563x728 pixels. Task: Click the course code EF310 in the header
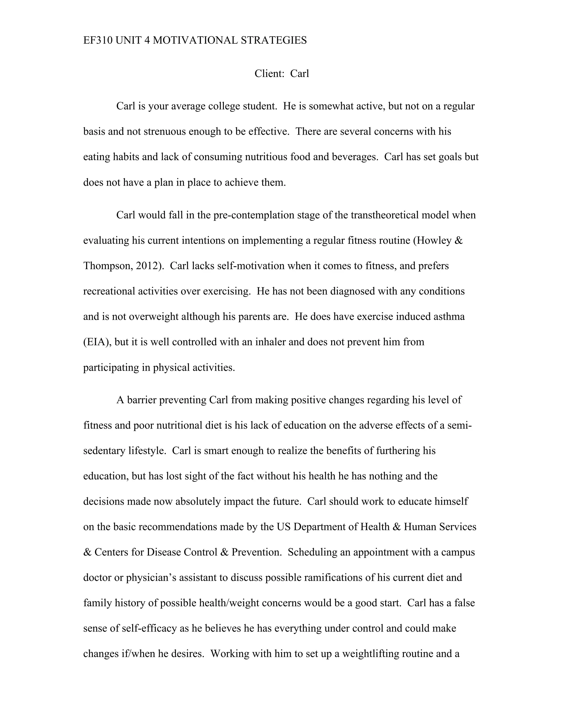tap(98, 40)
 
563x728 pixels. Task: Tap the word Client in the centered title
tap(269, 73)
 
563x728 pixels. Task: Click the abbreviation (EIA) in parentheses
tap(97, 342)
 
